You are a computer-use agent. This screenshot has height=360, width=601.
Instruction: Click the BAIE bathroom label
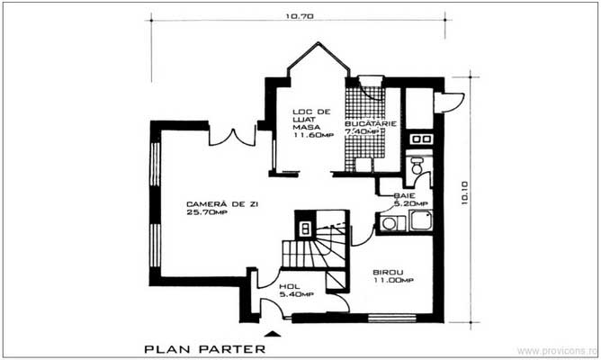[403, 194]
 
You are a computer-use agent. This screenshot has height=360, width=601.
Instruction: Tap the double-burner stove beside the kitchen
[418, 140]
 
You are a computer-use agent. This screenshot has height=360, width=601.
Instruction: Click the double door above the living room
[234, 137]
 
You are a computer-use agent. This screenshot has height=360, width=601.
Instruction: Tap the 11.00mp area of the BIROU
[395, 281]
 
